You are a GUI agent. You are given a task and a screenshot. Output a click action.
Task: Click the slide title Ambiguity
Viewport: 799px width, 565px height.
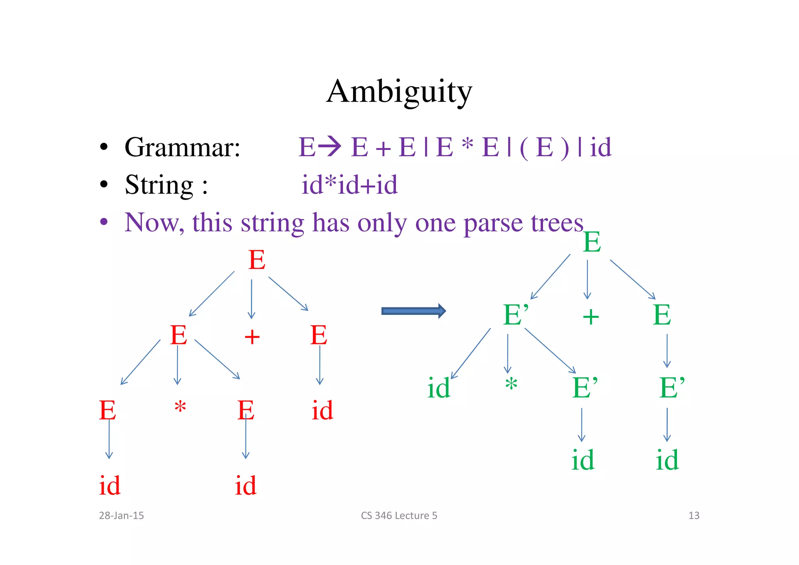coord(399,92)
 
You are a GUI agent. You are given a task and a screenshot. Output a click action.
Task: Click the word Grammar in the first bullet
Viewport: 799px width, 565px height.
coord(182,147)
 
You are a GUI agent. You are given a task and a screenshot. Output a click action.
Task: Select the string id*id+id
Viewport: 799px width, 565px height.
coord(349,185)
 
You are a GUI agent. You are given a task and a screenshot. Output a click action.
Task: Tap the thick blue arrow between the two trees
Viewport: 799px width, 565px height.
coord(413,311)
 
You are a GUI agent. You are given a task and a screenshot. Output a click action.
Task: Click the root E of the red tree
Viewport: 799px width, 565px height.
coord(257,260)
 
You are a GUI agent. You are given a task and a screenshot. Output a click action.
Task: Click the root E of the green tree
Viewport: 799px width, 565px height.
coord(591,242)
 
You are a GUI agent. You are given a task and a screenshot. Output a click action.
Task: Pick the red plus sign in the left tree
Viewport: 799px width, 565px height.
coord(252,337)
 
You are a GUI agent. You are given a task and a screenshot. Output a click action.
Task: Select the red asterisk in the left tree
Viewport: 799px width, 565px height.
coord(180,407)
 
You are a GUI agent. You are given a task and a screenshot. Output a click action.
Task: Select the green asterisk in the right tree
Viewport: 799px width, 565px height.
coord(511,384)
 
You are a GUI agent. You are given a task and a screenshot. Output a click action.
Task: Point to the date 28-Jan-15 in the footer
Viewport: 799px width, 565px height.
coord(121,515)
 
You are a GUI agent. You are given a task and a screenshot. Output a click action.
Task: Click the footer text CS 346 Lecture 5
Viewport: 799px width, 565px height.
coord(399,515)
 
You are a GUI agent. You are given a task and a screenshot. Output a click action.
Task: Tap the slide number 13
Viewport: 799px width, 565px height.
coord(694,515)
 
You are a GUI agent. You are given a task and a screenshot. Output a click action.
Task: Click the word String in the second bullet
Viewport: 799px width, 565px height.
coord(159,185)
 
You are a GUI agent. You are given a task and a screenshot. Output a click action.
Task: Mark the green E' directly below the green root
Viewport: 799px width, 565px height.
coord(516,315)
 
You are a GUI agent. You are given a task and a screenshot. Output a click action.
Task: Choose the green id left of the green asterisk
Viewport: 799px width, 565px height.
coord(439,389)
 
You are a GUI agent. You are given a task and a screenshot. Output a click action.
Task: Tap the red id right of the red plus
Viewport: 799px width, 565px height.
coord(322,410)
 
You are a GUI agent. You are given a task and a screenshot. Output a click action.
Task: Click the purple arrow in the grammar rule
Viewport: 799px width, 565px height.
coord(330,146)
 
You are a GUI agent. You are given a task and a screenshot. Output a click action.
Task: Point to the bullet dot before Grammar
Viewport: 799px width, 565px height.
coord(103,148)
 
